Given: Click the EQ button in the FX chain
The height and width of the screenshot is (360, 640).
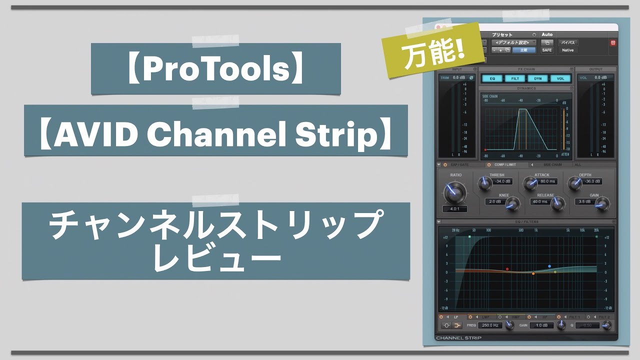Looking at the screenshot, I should pyautogui.click(x=492, y=78).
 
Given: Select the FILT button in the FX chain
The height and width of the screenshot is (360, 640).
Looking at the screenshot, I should pyautogui.click(x=514, y=78).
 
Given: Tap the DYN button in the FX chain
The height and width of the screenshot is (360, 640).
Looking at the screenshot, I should pyautogui.click(x=537, y=78).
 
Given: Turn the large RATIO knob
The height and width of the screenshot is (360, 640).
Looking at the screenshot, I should pyautogui.click(x=454, y=192).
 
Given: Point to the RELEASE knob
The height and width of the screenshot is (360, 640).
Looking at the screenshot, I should pyautogui.click(x=557, y=203).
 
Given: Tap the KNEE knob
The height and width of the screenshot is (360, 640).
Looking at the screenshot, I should pyautogui.click(x=512, y=203).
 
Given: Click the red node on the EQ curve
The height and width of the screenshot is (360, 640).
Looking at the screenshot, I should pyautogui.click(x=507, y=269).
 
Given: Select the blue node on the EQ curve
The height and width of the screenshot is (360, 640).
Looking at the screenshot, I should pyautogui.click(x=549, y=266).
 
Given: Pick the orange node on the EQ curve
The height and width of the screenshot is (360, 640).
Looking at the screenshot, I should pyautogui.click(x=533, y=273).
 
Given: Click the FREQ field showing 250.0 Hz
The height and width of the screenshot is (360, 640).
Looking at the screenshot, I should pyautogui.click(x=489, y=325).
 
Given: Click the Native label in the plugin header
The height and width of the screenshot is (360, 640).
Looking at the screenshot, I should pyautogui.click(x=567, y=50).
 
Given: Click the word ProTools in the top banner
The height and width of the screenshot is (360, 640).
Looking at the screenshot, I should pyautogui.click(x=216, y=69).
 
